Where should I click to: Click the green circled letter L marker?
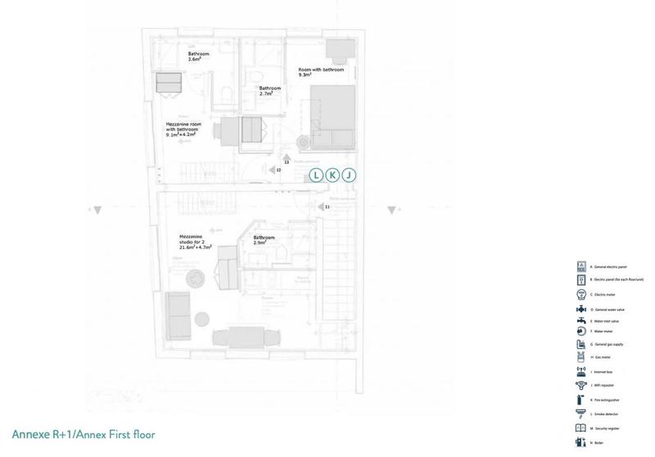coord(316,175)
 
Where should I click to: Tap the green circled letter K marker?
coord(332,175)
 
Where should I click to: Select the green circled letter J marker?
coord(349,175)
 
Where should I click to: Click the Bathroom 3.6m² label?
coord(199,57)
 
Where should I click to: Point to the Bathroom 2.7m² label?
coord(271,91)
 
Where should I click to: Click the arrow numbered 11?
coord(323,208)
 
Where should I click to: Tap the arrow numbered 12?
coord(273,170)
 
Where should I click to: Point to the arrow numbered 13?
coord(286,156)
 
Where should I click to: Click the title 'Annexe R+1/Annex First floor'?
coord(84,434)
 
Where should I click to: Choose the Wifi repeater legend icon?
coord(581,384)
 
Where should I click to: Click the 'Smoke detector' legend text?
coord(610,414)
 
